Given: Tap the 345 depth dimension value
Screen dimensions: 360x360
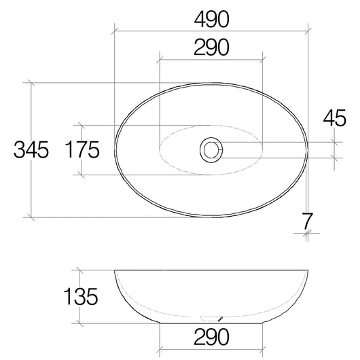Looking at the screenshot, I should pyautogui.click(x=31, y=149).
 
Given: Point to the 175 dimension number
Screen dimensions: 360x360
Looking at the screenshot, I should pyautogui.click(x=84, y=149).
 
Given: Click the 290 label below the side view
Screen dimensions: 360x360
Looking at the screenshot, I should pyautogui.click(x=210, y=336).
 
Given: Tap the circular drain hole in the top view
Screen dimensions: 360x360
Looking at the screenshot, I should pyautogui.click(x=211, y=149).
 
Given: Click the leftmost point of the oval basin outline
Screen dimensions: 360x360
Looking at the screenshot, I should pyautogui.click(x=114, y=149).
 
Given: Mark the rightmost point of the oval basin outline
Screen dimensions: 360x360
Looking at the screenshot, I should pyautogui.click(x=308, y=149).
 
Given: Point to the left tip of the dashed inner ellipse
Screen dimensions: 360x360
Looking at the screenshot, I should pyautogui.click(x=158, y=149).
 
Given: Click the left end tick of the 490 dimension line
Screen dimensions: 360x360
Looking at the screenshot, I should pyautogui.click(x=114, y=30).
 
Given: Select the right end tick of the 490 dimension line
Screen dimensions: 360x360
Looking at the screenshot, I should pyautogui.click(x=308, y=30).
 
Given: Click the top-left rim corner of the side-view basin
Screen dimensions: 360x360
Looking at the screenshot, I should pyautogui.click(x=115, y=270).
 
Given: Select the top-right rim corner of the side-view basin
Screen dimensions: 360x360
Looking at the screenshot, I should pyautogui.click(x=307, y=270).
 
